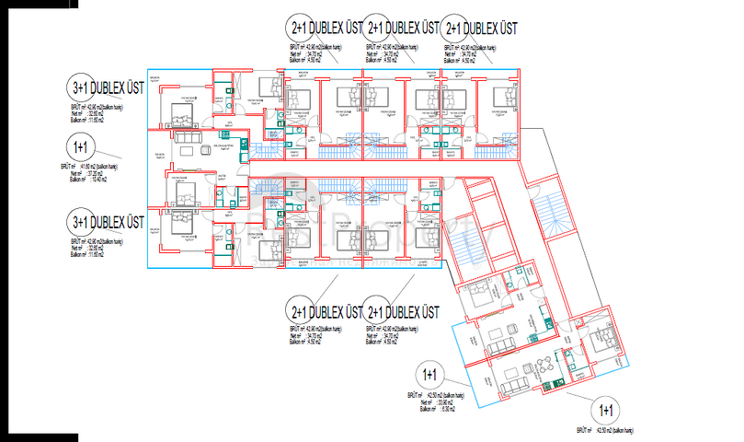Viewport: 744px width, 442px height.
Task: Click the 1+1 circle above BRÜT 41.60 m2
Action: click(80, 146)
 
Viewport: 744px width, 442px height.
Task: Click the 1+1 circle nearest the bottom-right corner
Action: click(606, 410)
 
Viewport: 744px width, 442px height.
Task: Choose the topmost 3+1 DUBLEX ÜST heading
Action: click(108, 88)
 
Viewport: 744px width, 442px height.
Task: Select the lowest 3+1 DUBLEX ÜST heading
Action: click(108, 223)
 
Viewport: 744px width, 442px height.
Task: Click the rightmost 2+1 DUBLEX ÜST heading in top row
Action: click(478, 28)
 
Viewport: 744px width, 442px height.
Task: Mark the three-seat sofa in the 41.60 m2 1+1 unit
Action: click(189, 139)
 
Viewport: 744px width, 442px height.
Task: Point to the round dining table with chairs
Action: click(545, 360)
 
